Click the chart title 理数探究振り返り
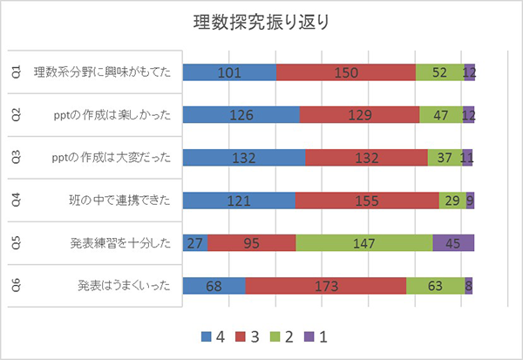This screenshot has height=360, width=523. click(261, 22)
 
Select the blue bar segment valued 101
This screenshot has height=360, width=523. click(229, 73)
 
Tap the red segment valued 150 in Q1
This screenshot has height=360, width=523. click(346, 73)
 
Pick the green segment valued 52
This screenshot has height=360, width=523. click(439, 73)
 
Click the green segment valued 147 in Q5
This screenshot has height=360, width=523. click(364, 243)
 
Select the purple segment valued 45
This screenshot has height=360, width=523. click(453, 243)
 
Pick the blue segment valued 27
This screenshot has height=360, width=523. click(195, 243)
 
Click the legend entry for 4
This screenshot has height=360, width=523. click(214, 336)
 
